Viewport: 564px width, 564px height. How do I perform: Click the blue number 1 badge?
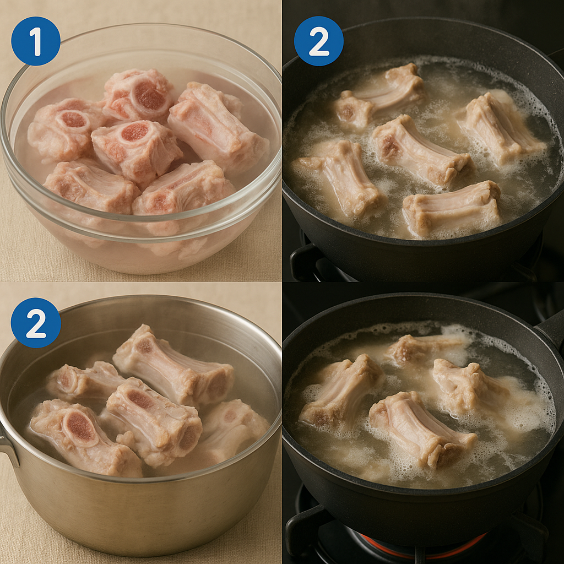pyautogui.click(x=36, y=41)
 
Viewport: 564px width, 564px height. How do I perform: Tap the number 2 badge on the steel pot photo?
pyautogui.click(x=36, y=323)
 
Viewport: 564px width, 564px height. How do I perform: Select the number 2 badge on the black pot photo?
pyautogui.click(x=319, y=41)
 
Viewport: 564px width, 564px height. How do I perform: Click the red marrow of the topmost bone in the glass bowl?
pyautogui.click(x=149, y=95)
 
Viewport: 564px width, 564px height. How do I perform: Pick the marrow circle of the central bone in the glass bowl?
pyautogui.click(x=134, y=132)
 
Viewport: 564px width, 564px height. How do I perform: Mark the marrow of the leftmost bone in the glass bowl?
pyautogui.click(x=73, y=120)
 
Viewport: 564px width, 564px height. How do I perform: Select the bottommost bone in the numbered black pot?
pyautogui.click(x=452, y=209)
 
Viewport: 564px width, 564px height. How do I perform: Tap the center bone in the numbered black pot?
pyautogui.click(x=421, y=151)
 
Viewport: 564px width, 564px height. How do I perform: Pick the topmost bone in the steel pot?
pyautogui.click(x=172, y=367)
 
